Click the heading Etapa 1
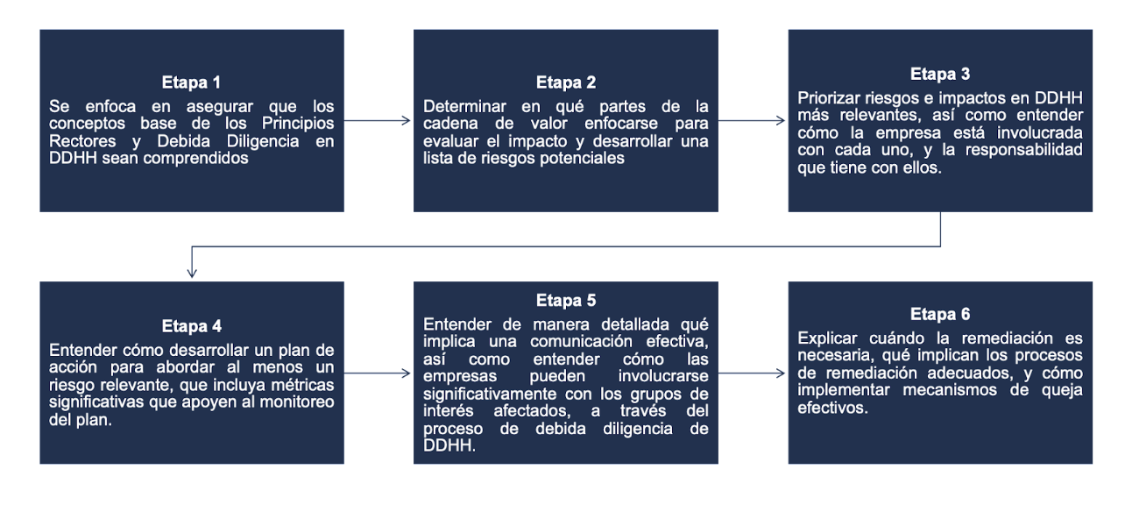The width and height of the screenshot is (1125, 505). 191,82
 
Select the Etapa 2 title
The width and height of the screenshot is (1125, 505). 566,82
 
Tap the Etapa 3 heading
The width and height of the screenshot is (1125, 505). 940,74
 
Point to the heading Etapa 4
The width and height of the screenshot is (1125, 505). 191,326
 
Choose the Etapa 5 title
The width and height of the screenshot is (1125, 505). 566,301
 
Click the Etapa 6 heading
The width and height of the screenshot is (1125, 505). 940,314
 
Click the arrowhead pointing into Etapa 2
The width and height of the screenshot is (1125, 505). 407,121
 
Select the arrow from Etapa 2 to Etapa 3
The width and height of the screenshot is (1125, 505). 752,121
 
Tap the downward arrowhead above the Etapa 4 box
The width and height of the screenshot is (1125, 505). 192,273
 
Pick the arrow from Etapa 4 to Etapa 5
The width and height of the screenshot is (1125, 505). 377,373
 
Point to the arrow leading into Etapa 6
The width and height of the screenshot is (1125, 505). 752,373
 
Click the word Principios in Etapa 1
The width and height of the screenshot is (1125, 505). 298,124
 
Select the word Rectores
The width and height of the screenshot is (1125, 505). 82,141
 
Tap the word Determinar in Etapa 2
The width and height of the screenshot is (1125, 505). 464,107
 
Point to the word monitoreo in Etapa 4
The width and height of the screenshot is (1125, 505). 296,402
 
